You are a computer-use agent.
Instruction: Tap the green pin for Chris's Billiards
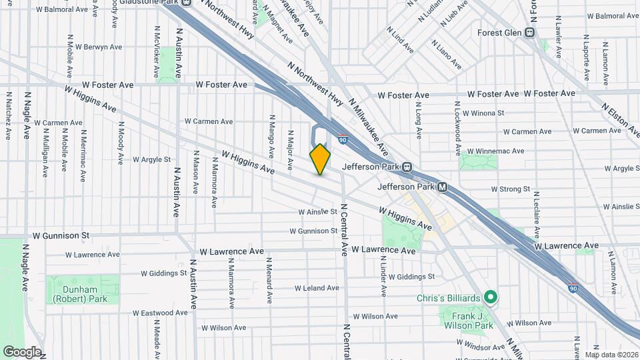click(491, 297)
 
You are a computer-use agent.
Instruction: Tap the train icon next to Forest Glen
click(531, 32)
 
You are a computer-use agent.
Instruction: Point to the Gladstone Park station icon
click(187, 3)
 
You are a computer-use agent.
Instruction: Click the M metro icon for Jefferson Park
click(442, 187)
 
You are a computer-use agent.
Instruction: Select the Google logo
click(21, 351)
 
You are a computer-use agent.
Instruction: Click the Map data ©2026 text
click(611, 355)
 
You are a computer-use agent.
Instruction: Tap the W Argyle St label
click(152, 160)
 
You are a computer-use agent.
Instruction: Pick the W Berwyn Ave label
click(99, 47)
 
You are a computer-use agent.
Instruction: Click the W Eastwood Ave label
click(157, 313)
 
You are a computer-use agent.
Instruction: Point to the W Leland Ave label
click(317, 288)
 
